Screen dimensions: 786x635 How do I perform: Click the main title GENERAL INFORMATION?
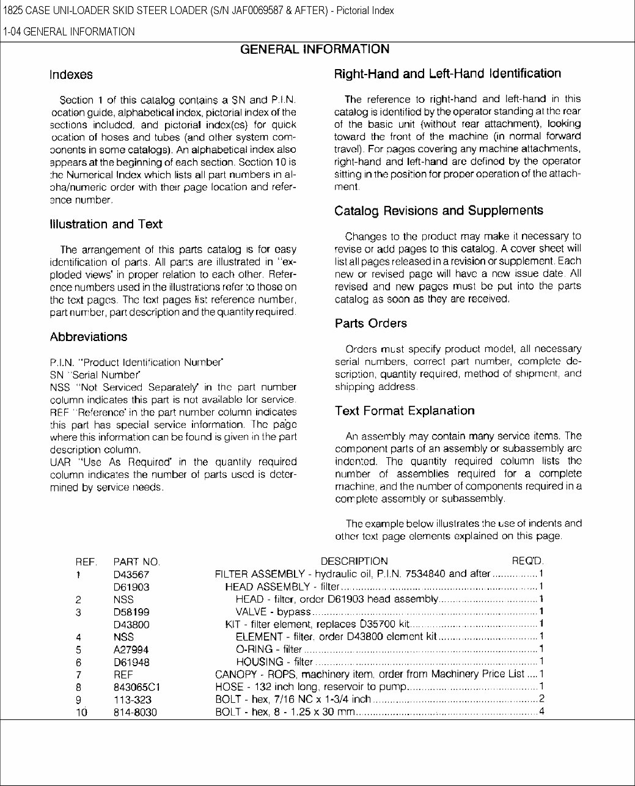point(315,50)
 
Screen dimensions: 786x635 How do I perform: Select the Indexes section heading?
point(71,75)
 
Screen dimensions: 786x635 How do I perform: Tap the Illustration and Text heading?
point(106,224)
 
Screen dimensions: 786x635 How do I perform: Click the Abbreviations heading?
point(89,337)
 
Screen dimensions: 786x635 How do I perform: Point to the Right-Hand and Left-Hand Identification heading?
point(447,74)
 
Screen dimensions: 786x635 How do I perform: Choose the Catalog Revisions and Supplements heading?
point(438,211)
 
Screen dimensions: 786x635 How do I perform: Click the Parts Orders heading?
point(370,323)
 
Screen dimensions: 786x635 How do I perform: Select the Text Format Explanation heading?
point(404,411)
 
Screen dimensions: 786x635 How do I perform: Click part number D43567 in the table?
point(131,575)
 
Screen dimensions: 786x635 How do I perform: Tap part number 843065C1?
point(138,687)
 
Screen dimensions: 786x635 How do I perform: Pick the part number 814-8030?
point(134,712)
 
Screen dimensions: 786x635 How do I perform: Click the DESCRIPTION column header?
point(354,561)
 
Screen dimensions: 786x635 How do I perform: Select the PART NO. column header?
point(136,562)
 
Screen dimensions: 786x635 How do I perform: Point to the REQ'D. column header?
point(527,561)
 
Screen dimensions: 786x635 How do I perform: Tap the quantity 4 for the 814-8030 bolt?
point(541,711)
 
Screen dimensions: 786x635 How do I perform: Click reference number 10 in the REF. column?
point(81,712)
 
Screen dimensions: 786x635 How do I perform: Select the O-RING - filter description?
point(268,649)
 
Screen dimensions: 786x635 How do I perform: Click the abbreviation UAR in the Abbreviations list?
point(61,462)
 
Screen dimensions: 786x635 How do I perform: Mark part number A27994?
point(131,650)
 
